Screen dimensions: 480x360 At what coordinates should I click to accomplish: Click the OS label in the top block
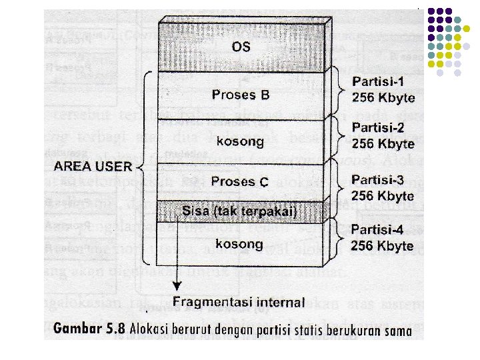click(241, 47)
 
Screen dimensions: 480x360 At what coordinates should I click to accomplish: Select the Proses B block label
click(240, 95)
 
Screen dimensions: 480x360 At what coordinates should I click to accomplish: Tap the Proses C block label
click(240, 181)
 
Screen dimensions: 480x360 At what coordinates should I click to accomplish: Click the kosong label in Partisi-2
click(240, 141)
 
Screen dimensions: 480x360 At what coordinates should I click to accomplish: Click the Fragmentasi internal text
click(239, 301)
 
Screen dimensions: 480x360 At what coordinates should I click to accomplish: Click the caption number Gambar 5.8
click(92, 329)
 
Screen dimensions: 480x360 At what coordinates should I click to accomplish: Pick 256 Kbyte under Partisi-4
click(383, 245)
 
